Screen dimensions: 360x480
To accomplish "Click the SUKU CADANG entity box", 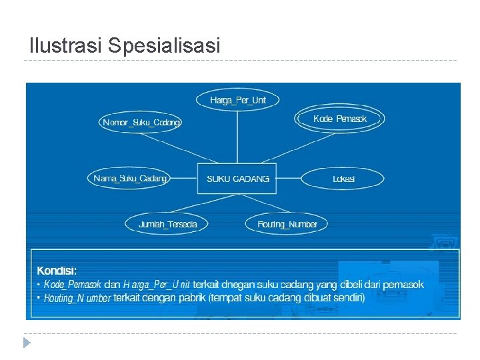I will coord(237,179).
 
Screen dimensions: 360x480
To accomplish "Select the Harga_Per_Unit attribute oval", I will coord(237,100).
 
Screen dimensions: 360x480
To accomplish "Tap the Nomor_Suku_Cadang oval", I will coord(141,123).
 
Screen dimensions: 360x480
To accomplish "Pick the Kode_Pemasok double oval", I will coord(340,119).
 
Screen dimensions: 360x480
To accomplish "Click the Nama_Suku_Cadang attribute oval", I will coord(131,179).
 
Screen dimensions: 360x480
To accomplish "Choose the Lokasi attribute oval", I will coord(343,179).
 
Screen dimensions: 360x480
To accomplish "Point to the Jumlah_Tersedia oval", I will coord(167,224).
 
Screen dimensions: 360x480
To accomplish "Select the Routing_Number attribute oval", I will coord(287,224).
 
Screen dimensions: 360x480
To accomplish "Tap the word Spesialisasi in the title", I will coord(163,46).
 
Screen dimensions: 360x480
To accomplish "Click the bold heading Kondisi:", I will coord(57,271).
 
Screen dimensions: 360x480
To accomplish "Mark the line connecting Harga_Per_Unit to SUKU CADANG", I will coord(237,137).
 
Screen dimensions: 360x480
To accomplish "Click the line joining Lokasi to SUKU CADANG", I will coord(289,179).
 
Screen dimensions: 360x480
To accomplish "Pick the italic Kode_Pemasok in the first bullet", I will coord(73,285).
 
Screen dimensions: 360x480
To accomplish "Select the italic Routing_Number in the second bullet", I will coord(77,298).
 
